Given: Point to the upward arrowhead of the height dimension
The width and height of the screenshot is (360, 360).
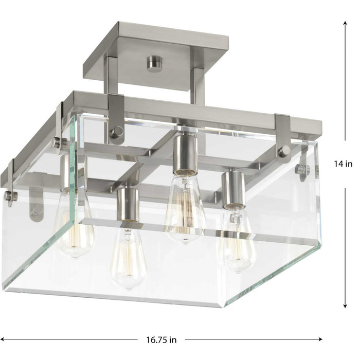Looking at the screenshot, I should (344, 22).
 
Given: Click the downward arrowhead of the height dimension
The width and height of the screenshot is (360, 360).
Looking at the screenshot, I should (344, 307).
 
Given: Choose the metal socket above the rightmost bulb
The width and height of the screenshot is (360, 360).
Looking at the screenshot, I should (232, 188).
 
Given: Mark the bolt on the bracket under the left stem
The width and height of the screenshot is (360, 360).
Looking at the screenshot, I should (117, 131).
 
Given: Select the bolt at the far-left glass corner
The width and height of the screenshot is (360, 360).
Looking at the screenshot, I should (9, 195).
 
